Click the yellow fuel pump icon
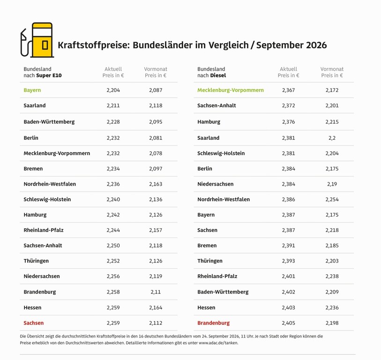(x=37, y=40)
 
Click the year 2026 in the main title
(x=316, y=45)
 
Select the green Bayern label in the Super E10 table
(x=32, y=90)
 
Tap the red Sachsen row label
(x=34, y=323)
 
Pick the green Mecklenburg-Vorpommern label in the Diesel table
(x=231, y=90)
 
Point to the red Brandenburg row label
(x=213, y=323)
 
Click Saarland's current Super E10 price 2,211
(x=113, y=105)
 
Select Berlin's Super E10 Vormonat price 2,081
(x=156, y=138)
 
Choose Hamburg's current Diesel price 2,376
(x=288, y=122)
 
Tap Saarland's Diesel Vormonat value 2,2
(x=332, y=138)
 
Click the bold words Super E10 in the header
(x=49, y=75)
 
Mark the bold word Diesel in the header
(x=218, y=75)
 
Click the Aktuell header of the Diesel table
(x=288, y=69)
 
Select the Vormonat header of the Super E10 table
(x=156, y=69)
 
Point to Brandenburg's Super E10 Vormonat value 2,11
(x=156, y=292)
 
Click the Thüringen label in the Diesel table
(x=209, y=261)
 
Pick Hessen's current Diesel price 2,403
(x=288, y=307)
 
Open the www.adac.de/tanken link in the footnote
(x=218, y=343)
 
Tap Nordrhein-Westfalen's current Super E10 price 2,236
(x=113, y=184)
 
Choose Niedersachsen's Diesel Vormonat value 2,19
(x=332, y=184)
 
